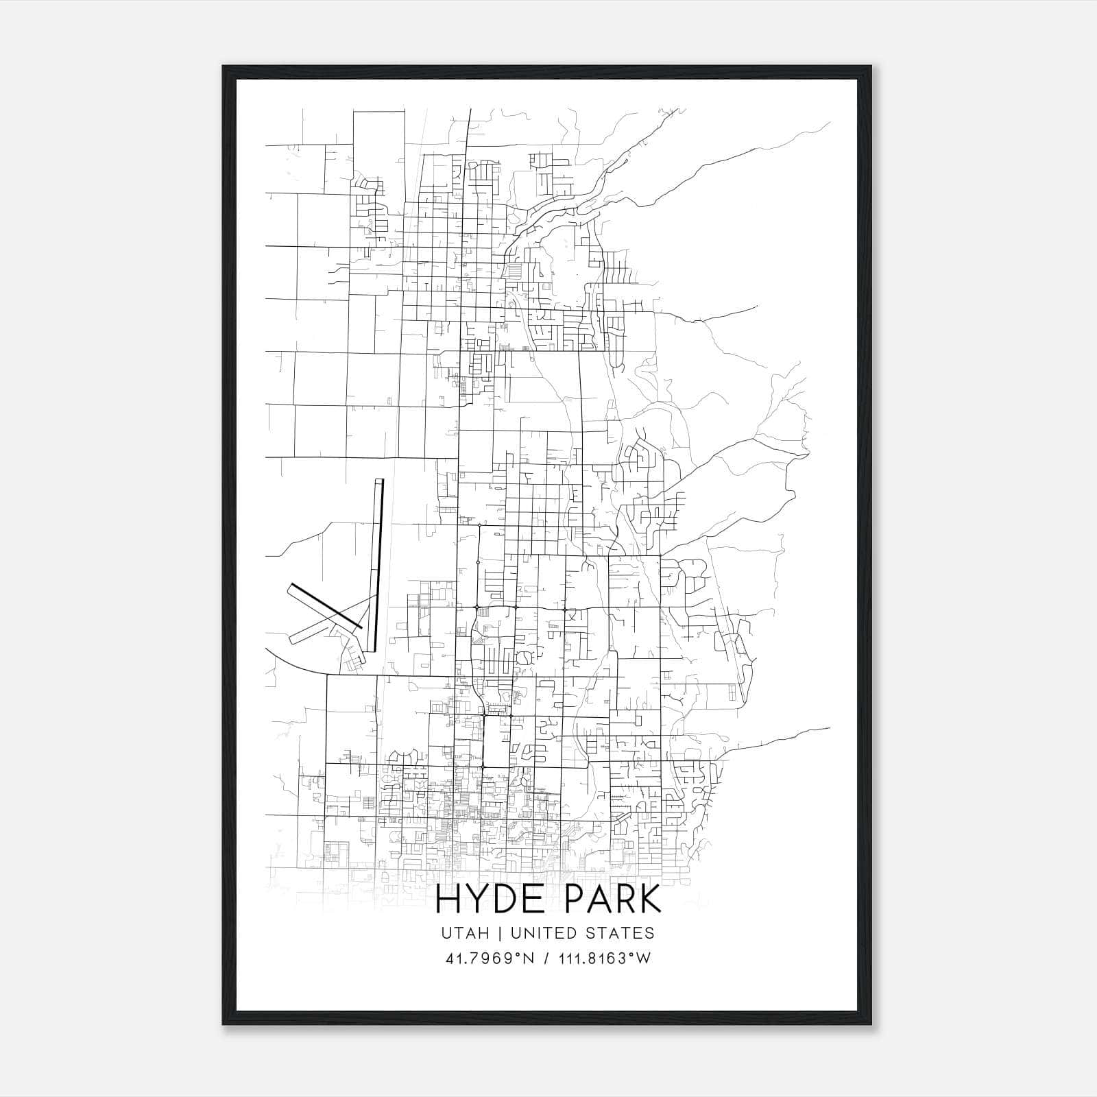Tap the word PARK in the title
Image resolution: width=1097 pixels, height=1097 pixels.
[607, 900]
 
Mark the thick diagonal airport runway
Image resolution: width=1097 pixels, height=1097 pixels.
[326, 605]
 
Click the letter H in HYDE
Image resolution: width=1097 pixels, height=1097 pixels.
[448, 900]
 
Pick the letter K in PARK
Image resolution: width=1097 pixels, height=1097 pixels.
[649, 900]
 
